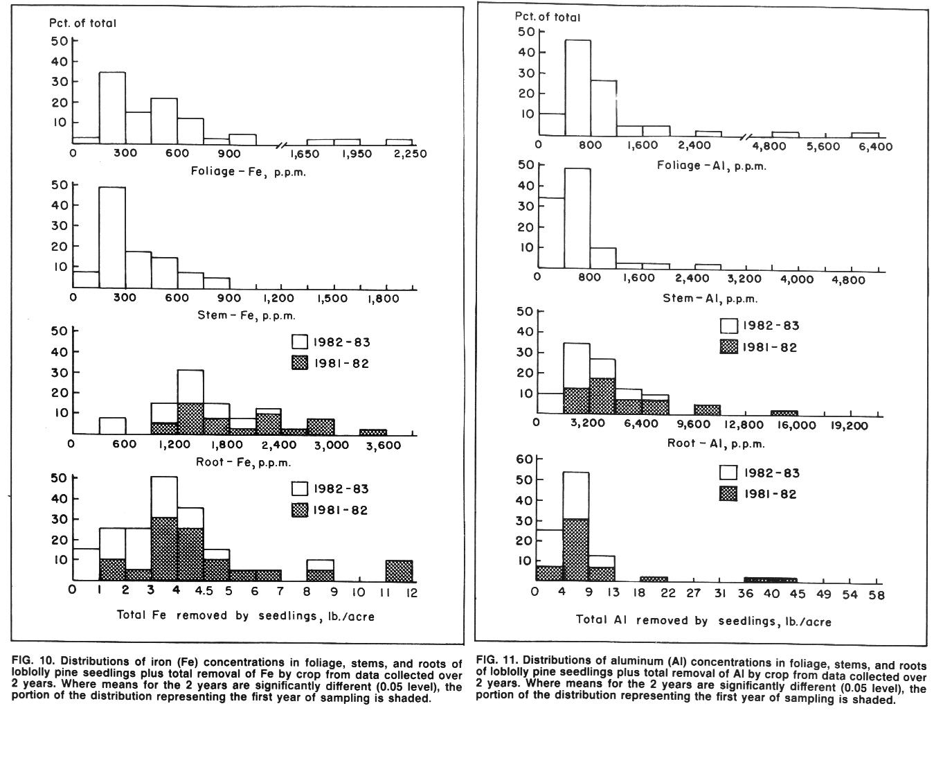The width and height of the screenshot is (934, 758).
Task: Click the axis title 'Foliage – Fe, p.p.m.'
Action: (248, 172)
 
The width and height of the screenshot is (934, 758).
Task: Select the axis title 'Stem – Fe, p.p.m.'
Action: (246, 315)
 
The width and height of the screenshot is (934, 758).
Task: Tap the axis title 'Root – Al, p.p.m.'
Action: (716, 443)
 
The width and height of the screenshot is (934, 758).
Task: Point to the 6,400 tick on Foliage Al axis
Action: (875, 146)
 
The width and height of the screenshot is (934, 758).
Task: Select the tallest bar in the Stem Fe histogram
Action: (112, 238)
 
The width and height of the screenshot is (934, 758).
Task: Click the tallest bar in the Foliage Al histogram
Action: (577, 88)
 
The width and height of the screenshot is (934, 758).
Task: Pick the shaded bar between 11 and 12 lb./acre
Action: (399, 571)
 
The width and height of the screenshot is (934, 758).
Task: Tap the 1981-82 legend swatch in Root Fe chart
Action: (300, 363)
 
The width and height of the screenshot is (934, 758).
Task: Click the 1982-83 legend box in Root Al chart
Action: (729, 326)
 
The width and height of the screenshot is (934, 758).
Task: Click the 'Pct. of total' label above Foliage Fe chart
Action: (82, 23)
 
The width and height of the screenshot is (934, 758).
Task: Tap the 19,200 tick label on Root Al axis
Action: (849, 425)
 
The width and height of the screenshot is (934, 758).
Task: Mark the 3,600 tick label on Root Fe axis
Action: (384, 446)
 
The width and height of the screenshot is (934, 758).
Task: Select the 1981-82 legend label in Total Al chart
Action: (770, 495)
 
